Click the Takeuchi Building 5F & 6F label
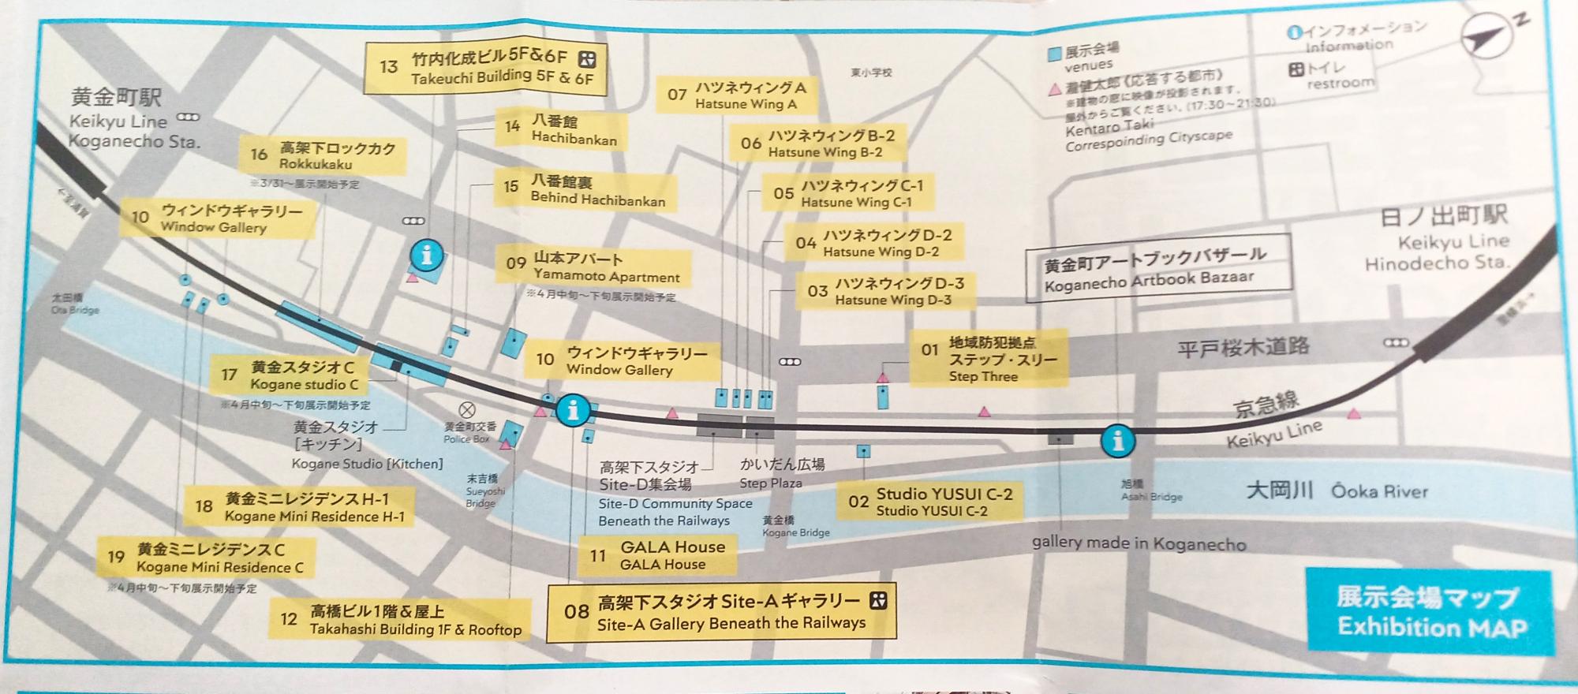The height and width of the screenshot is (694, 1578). pos(486,67)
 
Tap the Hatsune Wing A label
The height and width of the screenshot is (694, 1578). pos(738,95)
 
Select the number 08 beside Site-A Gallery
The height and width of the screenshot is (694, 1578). pos(577,611)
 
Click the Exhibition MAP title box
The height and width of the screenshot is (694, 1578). pos(1428,612)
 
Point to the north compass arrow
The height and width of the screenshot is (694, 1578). pos(1488,39)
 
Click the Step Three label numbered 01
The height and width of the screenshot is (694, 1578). pos(987,359)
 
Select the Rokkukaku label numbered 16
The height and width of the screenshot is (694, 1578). pos(323,155)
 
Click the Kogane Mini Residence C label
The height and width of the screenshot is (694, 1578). pos(206,558)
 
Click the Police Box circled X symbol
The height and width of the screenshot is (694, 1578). pos(467,410)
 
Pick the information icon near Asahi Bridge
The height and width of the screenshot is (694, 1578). pos(1117,441)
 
